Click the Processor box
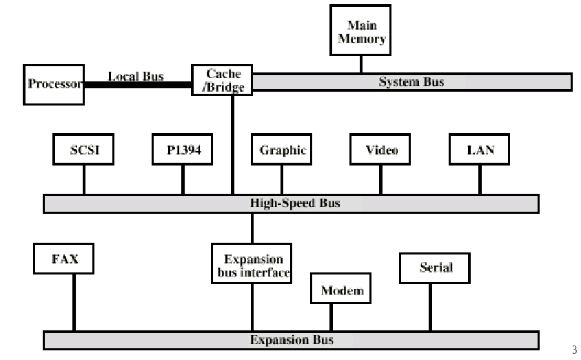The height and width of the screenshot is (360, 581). [54, 85]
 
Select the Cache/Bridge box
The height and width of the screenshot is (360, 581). [221, 80]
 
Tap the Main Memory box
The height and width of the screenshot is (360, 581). [361, 31]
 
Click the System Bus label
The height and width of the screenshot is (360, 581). [411, 82]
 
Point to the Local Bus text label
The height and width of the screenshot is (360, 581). [136, 76]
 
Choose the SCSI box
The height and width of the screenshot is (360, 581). [84, 150]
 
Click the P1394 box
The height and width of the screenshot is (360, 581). [183, 150]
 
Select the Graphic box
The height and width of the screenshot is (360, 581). [282, 150]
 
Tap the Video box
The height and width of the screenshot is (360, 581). [380, 150]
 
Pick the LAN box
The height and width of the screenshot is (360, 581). [480, 150]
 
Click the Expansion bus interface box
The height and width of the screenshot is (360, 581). [252, 265]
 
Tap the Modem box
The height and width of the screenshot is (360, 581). [341, 290]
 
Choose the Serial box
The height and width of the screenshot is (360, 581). [435, 268]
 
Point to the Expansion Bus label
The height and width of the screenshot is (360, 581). [291, 340]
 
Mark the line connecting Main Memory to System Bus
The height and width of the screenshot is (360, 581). [361, 63]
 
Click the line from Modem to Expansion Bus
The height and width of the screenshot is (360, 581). [332, 317]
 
